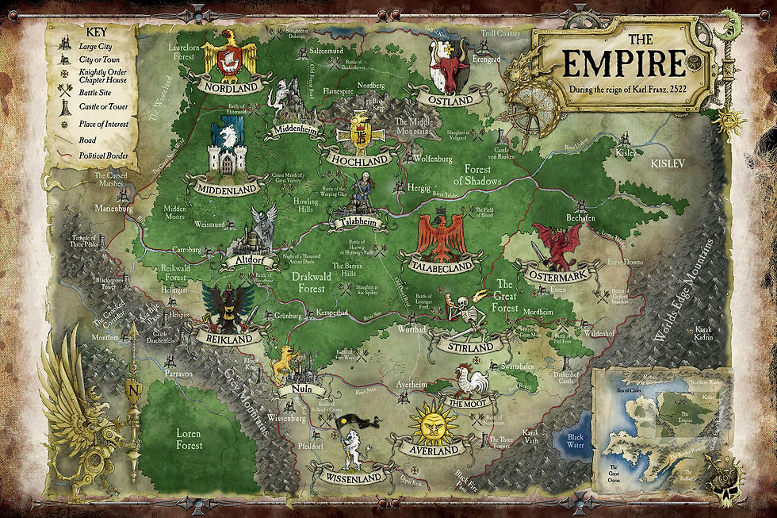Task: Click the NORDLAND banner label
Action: tap(231, 86)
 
